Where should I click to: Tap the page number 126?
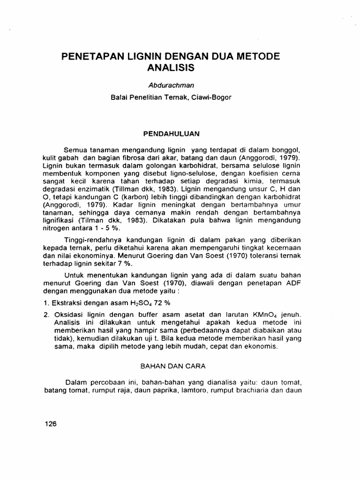(x=50, y=424)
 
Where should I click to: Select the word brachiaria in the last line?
(x=259, y=390)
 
